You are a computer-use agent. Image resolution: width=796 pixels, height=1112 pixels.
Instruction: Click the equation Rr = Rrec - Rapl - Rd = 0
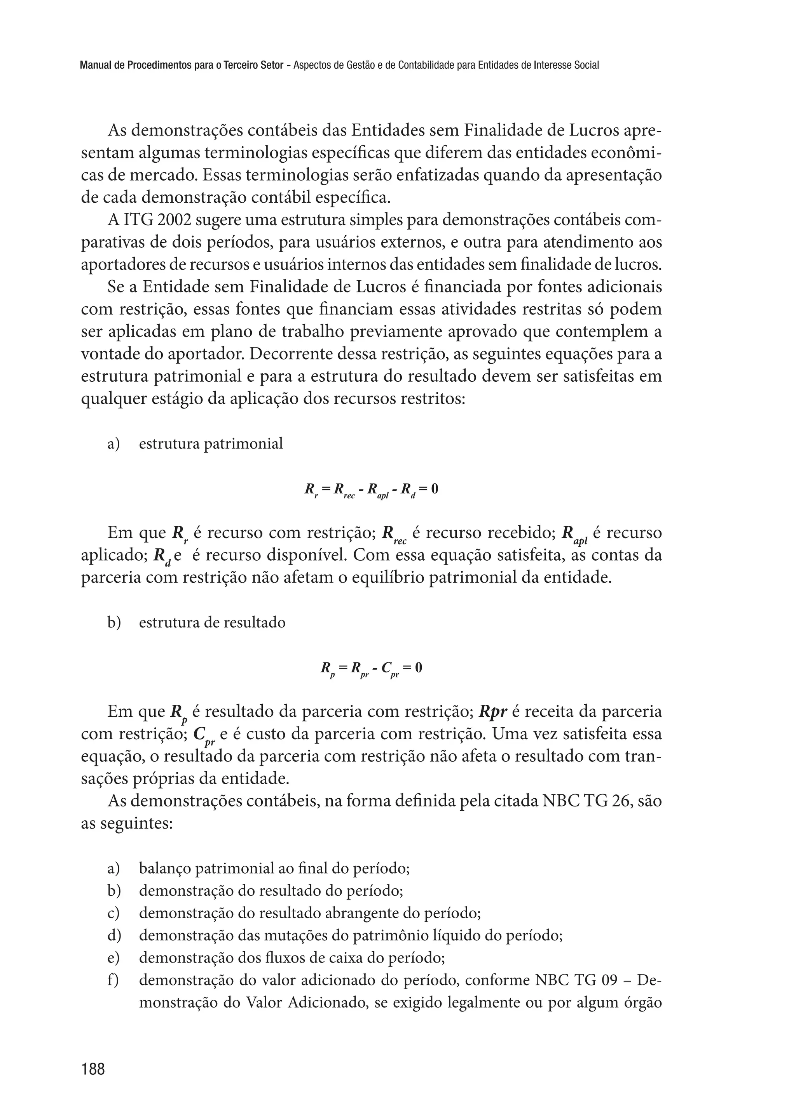[371, 490]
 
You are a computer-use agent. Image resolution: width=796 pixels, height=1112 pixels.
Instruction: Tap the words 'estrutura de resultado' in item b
[212, 623]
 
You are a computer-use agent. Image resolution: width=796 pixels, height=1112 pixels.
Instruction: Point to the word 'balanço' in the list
[165, 869]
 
